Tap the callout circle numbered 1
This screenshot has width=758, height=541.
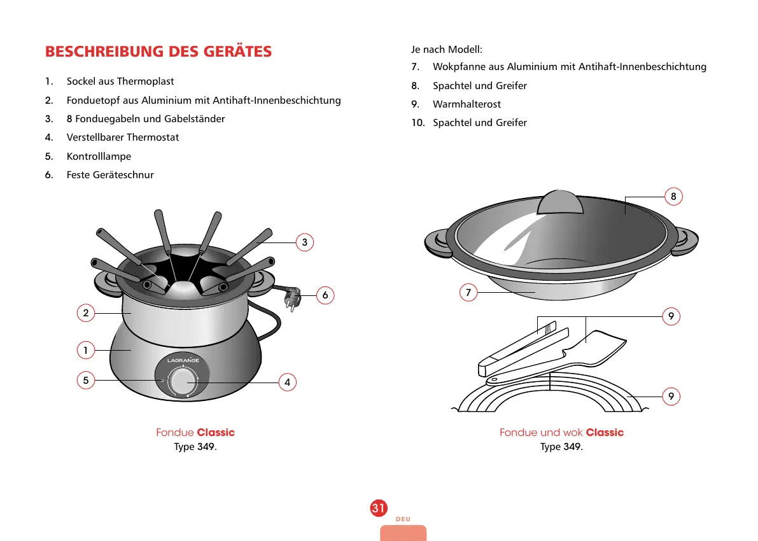(85, 349)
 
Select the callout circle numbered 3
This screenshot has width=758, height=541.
(305, 242)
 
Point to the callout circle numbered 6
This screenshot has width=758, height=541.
(325, 295)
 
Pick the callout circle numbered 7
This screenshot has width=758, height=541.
(468, 292)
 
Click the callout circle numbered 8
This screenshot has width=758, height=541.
(673, 196)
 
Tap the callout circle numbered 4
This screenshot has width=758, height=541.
(288, 382)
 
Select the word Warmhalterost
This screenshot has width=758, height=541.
(467, 104)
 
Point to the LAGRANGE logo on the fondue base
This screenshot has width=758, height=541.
(183, 361)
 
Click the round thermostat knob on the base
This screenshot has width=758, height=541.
(183, 382)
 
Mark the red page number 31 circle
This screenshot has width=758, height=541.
(378, 508)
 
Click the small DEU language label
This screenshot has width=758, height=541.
(402, 519)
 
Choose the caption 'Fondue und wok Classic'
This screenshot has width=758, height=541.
(561, 433)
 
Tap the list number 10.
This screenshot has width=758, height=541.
(418, 123)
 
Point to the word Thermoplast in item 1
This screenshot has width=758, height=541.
(145, 81)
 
